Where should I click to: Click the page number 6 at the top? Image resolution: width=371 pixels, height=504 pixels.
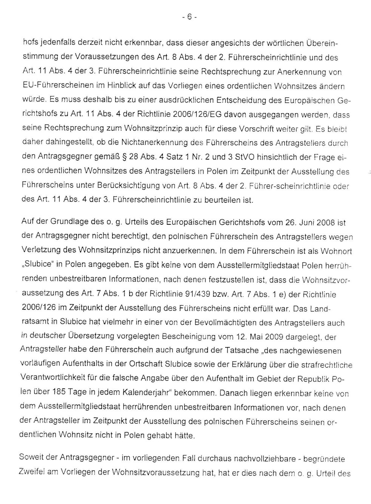click(189, 17)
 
